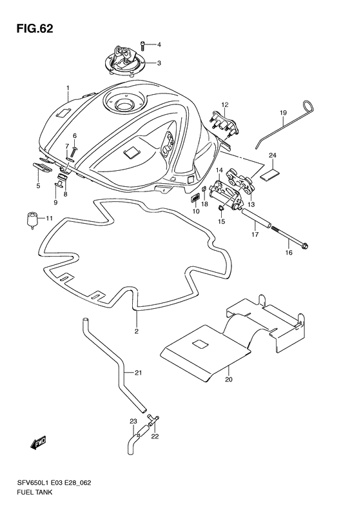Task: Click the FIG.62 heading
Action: (34, 29)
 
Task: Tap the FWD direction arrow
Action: (39, 442)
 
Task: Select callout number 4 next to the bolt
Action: (159, 44)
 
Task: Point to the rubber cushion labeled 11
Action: (32, 220)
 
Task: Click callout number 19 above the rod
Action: (283, 113)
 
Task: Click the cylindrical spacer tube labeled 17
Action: (257, 220)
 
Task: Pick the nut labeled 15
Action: (220, 208)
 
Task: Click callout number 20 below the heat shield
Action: (229, 379)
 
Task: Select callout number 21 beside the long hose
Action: (138, 373)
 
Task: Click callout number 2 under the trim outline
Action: (137, 331)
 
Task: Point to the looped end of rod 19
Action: (308, 106)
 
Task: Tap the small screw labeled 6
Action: (73, 153)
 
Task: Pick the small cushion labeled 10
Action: (195, 198)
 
